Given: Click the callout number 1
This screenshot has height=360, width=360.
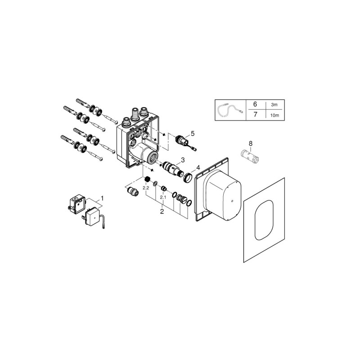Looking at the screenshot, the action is (x=103, y=198).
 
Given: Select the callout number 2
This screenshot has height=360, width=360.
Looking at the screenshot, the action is (x=162, y=211).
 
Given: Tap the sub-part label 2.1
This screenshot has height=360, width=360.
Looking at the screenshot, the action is (x=163, y=198).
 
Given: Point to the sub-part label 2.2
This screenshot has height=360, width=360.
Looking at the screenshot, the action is (x=146, y=188).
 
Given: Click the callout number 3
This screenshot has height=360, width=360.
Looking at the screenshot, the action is (x=183, y=160).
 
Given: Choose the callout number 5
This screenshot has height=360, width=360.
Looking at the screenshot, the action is (x=193, y=133).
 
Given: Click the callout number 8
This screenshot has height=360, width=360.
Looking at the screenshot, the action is (x=251, y=144).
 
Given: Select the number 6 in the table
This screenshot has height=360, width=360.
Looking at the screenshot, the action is (x=255, y=104).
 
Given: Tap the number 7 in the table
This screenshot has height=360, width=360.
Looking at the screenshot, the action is (x=255, y=114).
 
